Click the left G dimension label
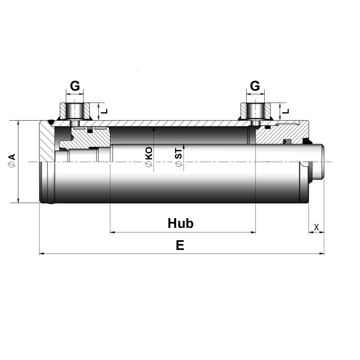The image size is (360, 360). pyautogui.click(x=75, y=86)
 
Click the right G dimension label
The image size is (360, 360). pyautogui.click(x=255, y=86)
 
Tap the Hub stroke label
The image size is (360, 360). pyautogui.click(x=180, y=223)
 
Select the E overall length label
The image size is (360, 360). pyautogui.click(x=180, y=245)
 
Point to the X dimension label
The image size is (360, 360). pyautogui.click(x=316, y=227)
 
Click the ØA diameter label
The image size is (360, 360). pyautogui.click(x=12, y=160)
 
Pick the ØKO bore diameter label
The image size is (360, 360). pyautogui.click(x=149, y=157)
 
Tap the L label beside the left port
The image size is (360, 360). pyautogui.click(x=104, y=111)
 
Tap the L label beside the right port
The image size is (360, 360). pyautogui.click(x=285, y=111)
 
